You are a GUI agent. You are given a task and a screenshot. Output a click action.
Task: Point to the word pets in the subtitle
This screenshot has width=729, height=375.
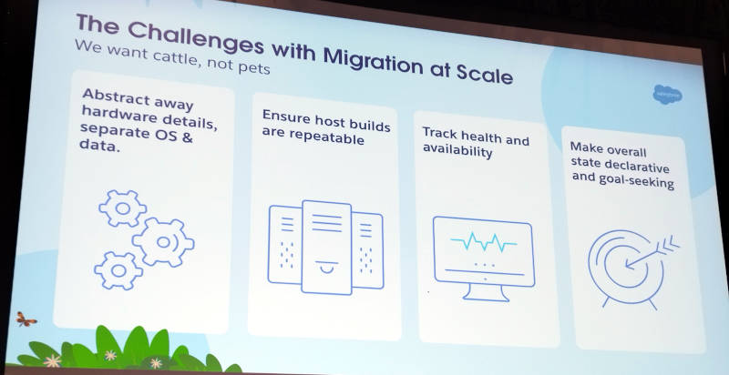[x=254, y=67]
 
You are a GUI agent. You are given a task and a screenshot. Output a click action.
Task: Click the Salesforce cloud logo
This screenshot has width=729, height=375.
[x=668, y=95]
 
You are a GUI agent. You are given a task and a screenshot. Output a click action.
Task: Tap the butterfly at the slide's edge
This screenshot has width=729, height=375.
[x=26, y=319]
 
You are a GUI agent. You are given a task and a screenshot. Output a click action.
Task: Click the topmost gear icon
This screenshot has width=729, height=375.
[x=123, y=208]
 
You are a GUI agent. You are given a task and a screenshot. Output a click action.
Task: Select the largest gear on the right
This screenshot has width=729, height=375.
[x=163, y=242]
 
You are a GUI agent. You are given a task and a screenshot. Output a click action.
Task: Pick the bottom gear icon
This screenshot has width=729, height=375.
[x=118, y=270]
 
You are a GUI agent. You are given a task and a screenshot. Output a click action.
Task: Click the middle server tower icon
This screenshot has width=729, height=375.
[x=326, y=247]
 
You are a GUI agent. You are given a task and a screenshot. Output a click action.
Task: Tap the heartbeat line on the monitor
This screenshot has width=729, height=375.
[x=484, y=241]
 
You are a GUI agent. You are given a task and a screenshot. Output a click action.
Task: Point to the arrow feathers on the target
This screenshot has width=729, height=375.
[x=670, y=243]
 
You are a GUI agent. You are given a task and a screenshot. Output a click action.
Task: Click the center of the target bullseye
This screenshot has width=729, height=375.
[x=629, y=266]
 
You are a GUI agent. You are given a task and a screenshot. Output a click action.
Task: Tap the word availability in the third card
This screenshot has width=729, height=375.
[x=457, y=150]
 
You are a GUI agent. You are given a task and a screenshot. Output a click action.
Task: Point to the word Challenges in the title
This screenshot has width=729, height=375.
[x=196, y=38]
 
